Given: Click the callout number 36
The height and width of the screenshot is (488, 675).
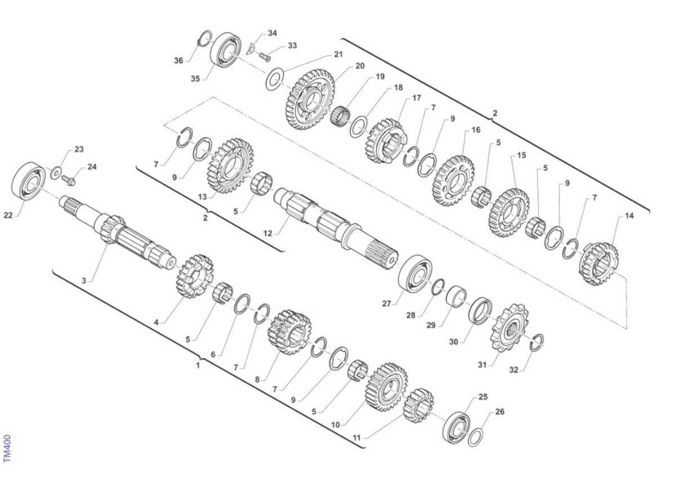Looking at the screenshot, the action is point(178,61).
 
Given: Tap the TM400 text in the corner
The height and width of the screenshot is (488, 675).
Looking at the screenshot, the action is point(7,448).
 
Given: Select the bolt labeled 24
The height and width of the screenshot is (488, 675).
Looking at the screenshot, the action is point(69,180).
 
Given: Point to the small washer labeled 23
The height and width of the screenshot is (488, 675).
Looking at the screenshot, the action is point(56,173).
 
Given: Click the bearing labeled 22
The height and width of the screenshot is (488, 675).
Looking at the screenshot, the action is point(29,181).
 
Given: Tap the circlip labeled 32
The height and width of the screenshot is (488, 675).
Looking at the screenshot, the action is point(537,343).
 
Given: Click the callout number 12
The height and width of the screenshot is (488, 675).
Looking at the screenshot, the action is point(267,233).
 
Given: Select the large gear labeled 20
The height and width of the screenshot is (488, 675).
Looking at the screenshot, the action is point(310,100).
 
